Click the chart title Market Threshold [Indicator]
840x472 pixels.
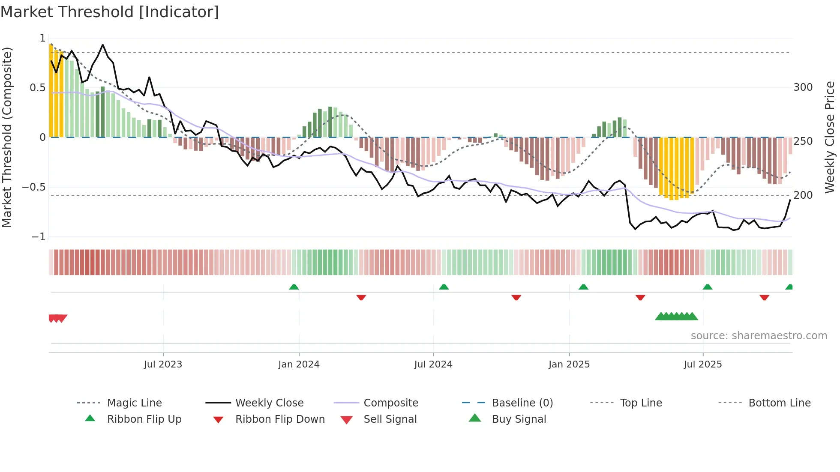tap(110, 12)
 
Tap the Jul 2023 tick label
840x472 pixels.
tap(163, 364)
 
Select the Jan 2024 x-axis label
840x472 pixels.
tap(299, 364)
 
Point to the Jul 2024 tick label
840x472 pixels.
tap(433, 364)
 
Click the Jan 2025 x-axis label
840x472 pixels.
tap(569, 364)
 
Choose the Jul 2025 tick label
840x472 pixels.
tap(703, 364)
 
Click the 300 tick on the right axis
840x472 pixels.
tap(803, 87)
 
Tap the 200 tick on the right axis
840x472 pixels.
tap(803, 195)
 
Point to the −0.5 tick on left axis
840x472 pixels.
tap(34, 187)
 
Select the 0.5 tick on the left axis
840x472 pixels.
tap(37, 88)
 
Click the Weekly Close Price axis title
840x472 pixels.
tap(830, 137)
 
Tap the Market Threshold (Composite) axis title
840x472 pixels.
tap(7, 137)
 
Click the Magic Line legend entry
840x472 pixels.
tap(134, 403)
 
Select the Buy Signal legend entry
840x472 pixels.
tap(519, 419)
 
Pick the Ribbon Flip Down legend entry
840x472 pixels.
tap(280, 419)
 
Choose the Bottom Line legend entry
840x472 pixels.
tap(779, 403)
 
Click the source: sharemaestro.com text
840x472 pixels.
tap(759, 336)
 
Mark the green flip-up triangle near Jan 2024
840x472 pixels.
tap(294, 287)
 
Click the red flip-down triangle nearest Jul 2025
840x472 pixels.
tap(640, 297)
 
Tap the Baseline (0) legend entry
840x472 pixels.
tap(522, 403)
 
